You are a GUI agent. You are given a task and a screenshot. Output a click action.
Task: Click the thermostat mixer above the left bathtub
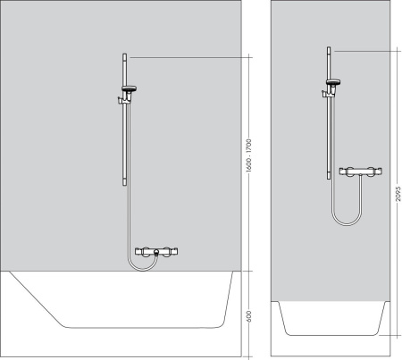157,254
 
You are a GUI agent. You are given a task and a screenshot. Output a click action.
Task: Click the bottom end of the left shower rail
122,183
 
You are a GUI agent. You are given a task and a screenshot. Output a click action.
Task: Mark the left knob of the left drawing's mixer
138,254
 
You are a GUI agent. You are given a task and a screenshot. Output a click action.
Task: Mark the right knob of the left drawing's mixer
176,254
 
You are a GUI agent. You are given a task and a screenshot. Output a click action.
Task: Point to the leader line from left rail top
188,56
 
